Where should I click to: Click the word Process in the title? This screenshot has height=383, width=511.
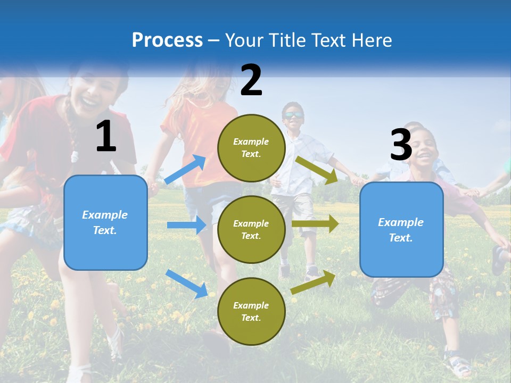point(167,40)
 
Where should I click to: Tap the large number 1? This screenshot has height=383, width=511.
point(106,137)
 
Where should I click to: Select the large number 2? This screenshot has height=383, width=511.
point(251,80)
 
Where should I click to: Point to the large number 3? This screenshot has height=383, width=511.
point(401,145)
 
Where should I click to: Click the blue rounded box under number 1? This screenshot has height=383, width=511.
point(105,222)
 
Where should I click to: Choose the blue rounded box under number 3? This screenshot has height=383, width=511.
point(401,230)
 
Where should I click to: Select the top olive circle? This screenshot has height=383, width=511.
point(251,148)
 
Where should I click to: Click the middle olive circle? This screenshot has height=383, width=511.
point(251,229)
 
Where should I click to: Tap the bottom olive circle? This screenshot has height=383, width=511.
point(251,311)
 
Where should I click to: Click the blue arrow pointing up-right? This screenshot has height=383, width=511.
point(185,169)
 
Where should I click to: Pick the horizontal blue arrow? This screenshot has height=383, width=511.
point(186,225)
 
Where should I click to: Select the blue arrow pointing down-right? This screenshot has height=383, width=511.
point(186,284)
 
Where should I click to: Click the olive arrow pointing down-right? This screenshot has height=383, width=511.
point(317,170)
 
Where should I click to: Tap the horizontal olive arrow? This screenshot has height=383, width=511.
point(315,224)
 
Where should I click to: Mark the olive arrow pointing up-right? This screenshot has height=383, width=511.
point(314,282)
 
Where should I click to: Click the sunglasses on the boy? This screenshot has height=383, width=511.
point(293,115)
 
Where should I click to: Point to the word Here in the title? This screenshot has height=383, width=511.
point(371,40)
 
